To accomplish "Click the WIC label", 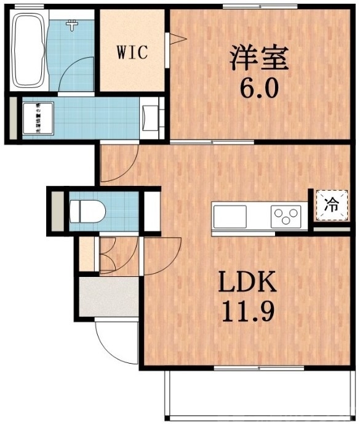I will click(x=132, y=52).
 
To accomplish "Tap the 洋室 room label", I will click(x=259, y=59).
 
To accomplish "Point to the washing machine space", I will click(x=39, y=118).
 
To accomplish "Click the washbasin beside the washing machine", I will click(x=150, y=118).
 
